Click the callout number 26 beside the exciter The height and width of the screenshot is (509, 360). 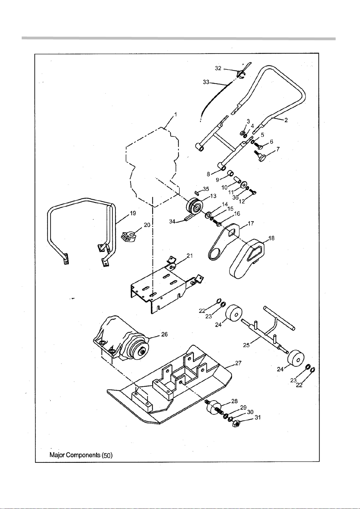click(x=164, y=334)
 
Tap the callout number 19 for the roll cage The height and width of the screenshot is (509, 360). click(x=133, y=213)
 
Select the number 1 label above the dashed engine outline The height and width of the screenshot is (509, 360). click(x=175, y=114)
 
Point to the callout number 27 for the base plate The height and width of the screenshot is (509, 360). click(x=238, y=363)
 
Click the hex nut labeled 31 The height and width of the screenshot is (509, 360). click(x=236, y=424)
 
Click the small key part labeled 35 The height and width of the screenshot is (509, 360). click(x=197, y=193)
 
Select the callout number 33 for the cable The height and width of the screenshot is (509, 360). click(x=206, y=82)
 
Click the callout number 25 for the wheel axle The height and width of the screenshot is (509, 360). click(x=246, y=345)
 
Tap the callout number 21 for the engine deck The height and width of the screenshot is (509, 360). click(x=190, y=256)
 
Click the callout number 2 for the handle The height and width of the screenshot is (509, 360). click(x=286, y=120)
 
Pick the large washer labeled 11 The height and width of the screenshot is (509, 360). click(x=244, y=184)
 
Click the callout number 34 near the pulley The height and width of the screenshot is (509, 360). click(x=172, y=221)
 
